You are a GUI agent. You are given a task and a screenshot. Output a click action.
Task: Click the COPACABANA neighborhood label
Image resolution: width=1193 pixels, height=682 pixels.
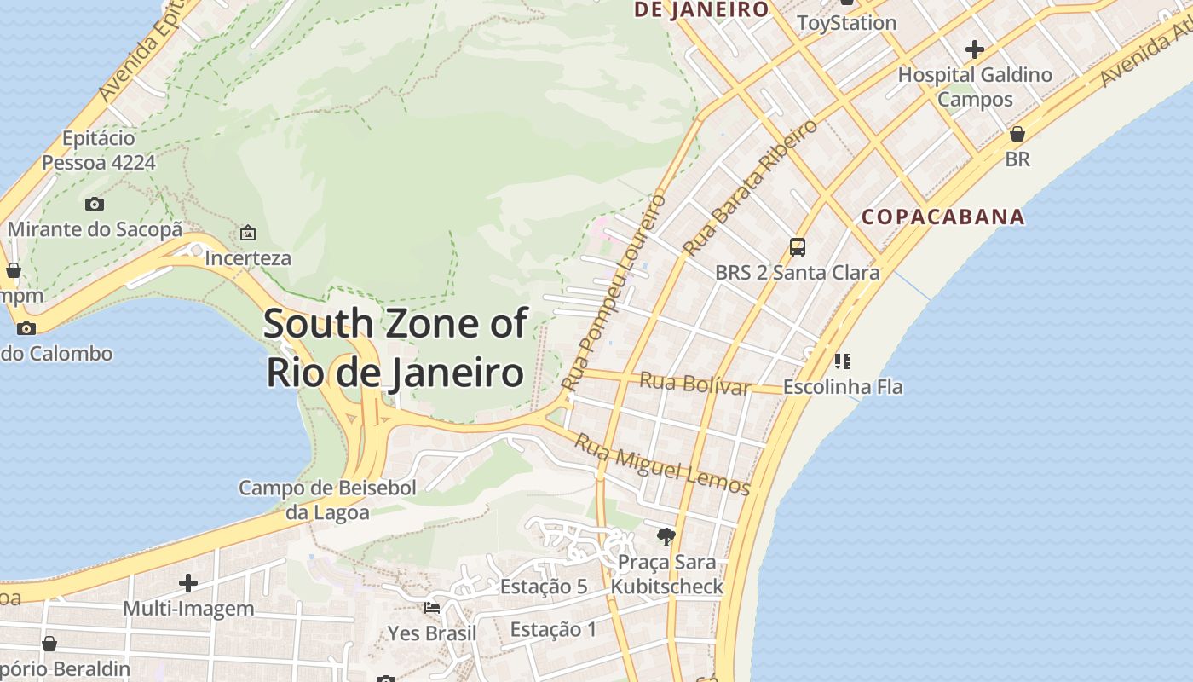pyautogui.click(x=942, y=217)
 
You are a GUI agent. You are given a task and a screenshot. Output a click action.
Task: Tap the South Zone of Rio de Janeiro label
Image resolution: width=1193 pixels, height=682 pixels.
pyautogui.click(x=395, y=348)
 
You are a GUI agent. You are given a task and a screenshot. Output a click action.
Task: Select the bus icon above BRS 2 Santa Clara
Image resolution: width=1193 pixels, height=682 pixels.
pyautogui.click(x=798, y=247)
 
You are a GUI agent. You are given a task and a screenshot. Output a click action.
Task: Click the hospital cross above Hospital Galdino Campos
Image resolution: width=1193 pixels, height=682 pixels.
pyautogui.click(x=975, y=49)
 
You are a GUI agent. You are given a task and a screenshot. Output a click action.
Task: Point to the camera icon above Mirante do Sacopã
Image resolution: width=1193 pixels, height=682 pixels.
pyautogui.click(x=95, y=204)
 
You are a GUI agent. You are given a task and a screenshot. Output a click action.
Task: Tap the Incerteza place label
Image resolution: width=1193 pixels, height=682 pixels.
pyautogui.click(x=248, y=257)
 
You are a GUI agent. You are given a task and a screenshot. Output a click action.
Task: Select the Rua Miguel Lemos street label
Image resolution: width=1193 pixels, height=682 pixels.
pyautogui.click(x=662, y=465)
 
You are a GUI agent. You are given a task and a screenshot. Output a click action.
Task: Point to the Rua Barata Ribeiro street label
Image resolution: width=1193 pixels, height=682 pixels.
pyautogui.click(x=750, y=188)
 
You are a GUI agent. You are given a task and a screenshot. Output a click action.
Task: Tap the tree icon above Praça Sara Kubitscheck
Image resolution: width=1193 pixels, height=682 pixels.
pyautogui.click(x=666, y=537)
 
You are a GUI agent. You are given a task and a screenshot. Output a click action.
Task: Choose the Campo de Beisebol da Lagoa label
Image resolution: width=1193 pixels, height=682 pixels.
pyautogui.click(x=327, y=500)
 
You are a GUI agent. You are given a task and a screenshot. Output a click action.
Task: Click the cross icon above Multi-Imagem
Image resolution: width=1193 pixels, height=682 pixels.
pyautogui.click(x=188, y=583)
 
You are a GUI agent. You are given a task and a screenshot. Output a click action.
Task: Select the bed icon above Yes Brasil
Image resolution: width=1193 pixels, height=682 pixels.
pyautogui.click(x=432, y=608)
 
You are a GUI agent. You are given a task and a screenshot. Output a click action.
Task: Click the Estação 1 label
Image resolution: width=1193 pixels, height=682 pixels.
pyautogui.click(x=553, y=630)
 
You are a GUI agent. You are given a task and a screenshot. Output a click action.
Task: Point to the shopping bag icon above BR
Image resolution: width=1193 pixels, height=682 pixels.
pyautogui.click(x=1017, y=134)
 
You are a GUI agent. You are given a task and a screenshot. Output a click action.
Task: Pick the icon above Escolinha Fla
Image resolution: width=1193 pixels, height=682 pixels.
pyautogui.click(x=842, y=361)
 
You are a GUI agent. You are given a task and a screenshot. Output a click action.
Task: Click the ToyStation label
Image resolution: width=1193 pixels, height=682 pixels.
pyautogui.click(x=846, y=23)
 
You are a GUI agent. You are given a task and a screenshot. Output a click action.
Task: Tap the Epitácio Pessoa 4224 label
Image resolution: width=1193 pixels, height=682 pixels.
pyautogui.click(x=99, y=150)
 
